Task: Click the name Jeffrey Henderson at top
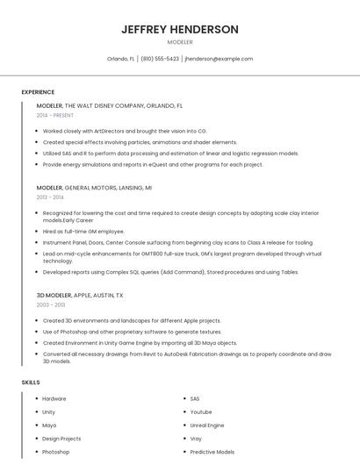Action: pos(180,29)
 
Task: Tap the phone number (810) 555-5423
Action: pos(160,59)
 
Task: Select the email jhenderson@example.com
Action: pos(219,59)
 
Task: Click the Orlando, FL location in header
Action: pos(120,59)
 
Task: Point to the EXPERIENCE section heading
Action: pos(38,91)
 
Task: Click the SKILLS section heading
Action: pos(30,383)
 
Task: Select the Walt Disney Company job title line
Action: pos(110,105)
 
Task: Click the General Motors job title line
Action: pos(94,188)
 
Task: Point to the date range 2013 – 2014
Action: pos(50,197)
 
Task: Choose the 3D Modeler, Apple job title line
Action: pos(80,296)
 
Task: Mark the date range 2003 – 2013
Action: pos(51,305)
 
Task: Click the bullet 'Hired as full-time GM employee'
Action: pos(84,232)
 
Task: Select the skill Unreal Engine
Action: pos(207,425)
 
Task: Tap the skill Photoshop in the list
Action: pos(55,451)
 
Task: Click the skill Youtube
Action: pos(201,411)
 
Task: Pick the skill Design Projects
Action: pos(61,438)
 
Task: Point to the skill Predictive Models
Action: pos(212,451)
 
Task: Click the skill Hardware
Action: pos(54,398)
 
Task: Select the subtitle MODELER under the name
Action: pos(180,42)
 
